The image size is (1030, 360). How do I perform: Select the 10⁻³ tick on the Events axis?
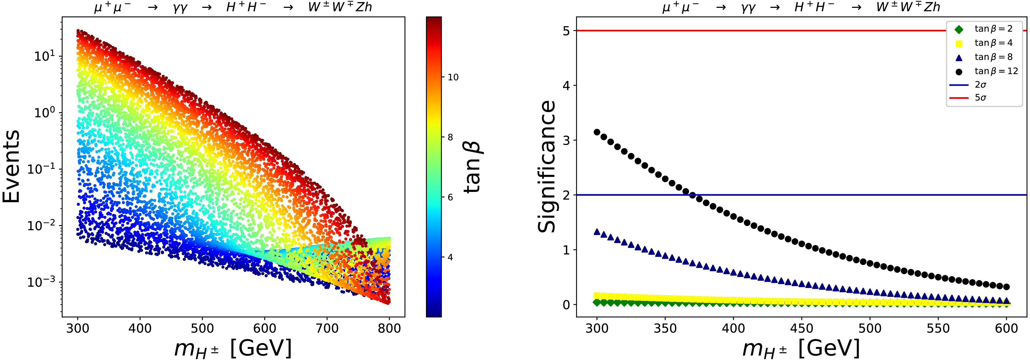coord(41,282)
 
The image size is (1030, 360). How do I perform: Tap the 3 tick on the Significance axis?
coord(566,140)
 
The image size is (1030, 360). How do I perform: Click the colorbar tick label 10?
coord(453,77)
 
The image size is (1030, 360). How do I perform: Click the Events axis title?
coord(11,166)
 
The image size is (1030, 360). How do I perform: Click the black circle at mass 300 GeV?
coord(597,132)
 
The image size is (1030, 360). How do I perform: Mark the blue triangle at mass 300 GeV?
coord(597,232)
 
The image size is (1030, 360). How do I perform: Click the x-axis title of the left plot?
coord(233,348)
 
